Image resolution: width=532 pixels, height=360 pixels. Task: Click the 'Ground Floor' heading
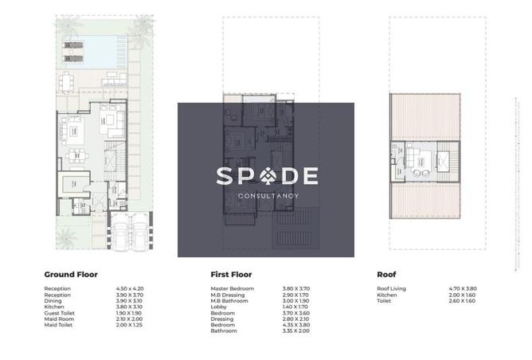click(x=70, y=274)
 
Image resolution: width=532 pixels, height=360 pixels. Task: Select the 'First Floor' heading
click(x=232, y=274)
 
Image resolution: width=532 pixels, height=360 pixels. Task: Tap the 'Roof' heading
click(x=386, y=274)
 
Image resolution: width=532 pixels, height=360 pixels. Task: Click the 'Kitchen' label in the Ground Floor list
click(x=54, y=306)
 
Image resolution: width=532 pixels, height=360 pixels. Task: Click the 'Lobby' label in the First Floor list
click(x=218, y=306)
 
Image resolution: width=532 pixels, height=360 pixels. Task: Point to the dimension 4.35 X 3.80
click(x=296, y=324)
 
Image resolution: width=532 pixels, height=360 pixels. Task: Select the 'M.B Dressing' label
click(x=228, y=294)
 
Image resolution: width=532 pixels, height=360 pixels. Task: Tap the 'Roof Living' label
click(x=391, y=288)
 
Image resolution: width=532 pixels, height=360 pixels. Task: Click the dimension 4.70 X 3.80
click(x=463, y=288)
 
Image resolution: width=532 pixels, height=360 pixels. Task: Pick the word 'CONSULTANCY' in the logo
click(x=268, y=196)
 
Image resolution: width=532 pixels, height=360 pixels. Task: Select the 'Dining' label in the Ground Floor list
click(x=53, y=300)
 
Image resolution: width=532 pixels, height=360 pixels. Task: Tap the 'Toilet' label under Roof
click(x=384, y=300)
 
